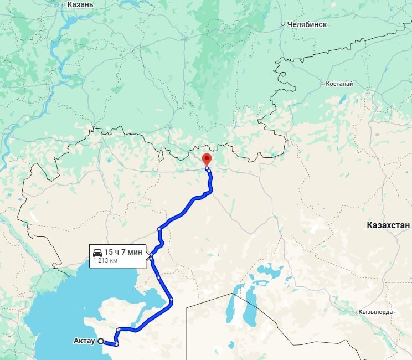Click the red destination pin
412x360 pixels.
click(x=207, y=158)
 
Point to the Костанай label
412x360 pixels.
click(x=339, y=84)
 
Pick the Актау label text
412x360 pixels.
click(x=84, y=341)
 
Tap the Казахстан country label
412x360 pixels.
click(x=388, y=225)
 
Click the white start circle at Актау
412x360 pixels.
click(x=101, y=342)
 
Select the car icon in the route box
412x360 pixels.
click(x=97, y=252)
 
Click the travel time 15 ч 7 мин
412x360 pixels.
click(x=123, y=252)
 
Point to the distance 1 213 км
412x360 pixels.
click(x=105, y=259)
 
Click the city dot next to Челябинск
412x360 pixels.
click(x=282, y=24)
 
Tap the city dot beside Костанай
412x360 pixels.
click(x=322, y=84)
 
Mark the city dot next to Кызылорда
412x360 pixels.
click(x=355, y=312)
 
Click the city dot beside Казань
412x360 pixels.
click(x=63, y=4)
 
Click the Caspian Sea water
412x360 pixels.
click(x=50, y=310)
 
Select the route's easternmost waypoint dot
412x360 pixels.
click(x=172, y=300)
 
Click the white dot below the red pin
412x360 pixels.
click(x=207, y=168)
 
